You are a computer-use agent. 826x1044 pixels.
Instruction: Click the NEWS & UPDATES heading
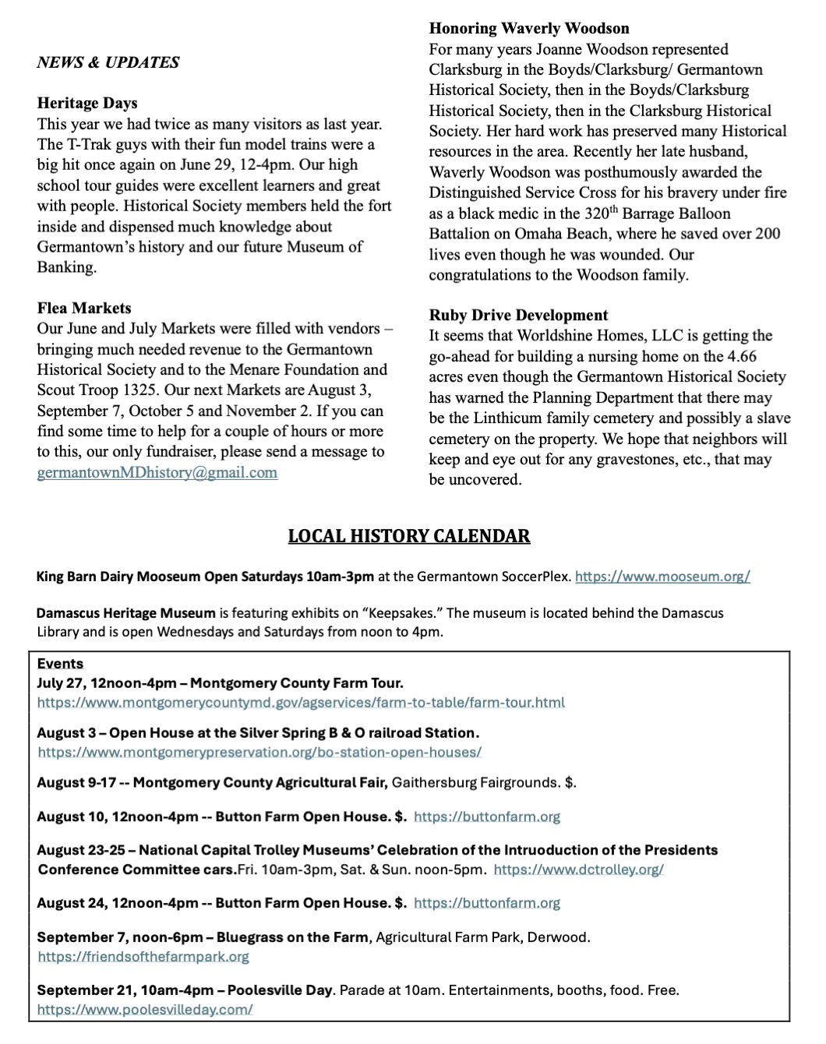point(108,62)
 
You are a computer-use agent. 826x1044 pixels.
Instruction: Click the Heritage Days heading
point(87,103)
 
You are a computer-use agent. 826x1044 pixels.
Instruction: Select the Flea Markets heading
point(84,308)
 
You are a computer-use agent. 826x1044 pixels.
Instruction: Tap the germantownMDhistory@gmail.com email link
point(157,472)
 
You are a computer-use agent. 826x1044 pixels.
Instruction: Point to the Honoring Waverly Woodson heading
point(529,29)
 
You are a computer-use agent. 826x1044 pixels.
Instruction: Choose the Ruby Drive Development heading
point(518,316)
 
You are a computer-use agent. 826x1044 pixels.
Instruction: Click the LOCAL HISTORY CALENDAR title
point(409,536)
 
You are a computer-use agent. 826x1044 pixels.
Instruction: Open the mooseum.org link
point(662,577)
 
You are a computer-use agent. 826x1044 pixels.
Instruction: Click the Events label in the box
point(60,664)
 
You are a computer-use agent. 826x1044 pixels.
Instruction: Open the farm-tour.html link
point(301,702)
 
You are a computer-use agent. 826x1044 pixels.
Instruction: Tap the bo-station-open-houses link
point(259,752)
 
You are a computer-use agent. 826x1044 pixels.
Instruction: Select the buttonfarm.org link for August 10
point(487,817)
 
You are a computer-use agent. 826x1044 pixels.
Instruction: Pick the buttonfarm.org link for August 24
point(487,903)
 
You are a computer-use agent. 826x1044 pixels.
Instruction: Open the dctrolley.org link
point(578,869)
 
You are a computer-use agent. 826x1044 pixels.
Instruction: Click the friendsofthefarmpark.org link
point(143,957)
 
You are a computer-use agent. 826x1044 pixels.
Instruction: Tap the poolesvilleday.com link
point(145,1010)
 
